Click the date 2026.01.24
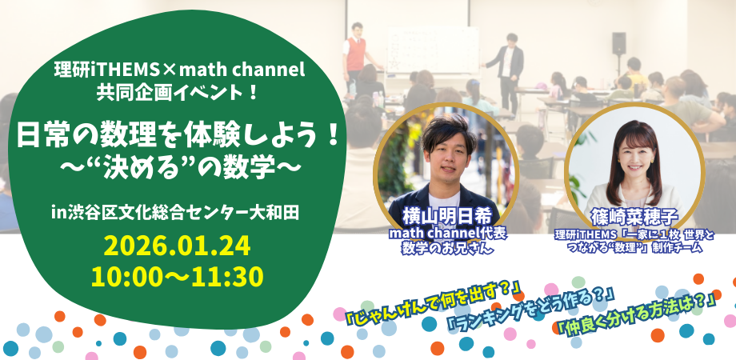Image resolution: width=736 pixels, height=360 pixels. [x=178, y=246]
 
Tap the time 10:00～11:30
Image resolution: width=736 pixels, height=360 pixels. [x=178, y=277]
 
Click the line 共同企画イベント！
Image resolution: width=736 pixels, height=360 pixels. [x=178, y=91]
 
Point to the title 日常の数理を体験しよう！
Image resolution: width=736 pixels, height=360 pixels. [x=178, y=136]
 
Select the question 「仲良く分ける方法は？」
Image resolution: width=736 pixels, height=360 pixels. [x=636, y=318]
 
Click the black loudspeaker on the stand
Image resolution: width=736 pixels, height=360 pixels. [x=618, y=44]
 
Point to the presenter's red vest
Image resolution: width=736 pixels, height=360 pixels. [x=356, y=54]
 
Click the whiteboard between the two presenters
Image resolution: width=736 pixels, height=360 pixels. [x=432, y=50]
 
